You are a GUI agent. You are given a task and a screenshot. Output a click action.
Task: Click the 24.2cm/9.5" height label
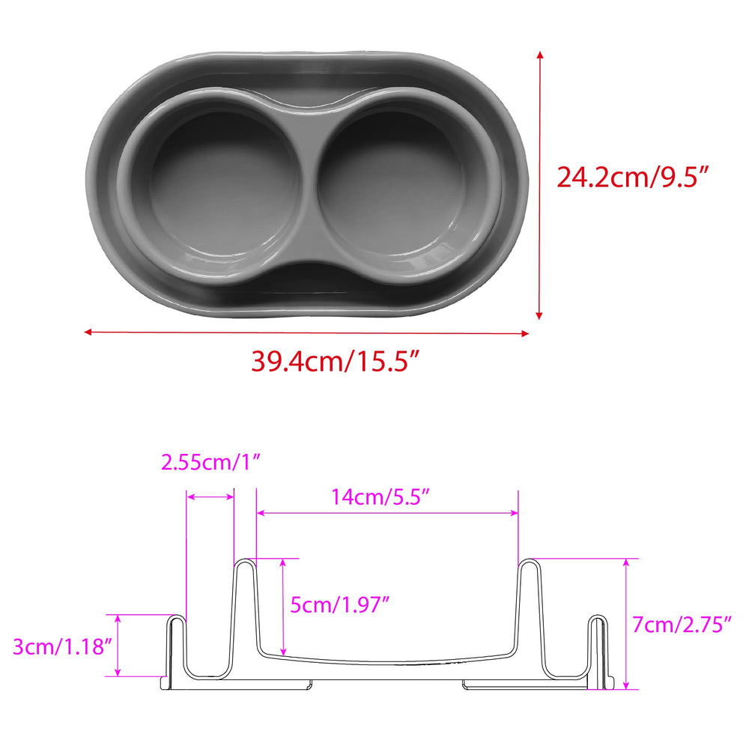tap(632, 177)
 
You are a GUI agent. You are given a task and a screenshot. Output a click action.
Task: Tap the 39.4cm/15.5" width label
tap(336, 361)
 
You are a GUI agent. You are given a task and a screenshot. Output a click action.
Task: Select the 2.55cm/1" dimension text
tap(210, 462)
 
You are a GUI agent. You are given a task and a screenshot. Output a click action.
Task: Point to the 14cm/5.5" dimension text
tap(380, 497)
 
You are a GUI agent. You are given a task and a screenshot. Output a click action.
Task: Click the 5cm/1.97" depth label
tap(340, 604)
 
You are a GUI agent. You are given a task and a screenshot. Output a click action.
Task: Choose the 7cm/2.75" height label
tap(682, 625)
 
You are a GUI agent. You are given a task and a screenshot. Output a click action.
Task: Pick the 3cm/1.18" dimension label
tap(62, 647)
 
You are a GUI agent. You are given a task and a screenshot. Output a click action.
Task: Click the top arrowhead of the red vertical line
tap(540, 55)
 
